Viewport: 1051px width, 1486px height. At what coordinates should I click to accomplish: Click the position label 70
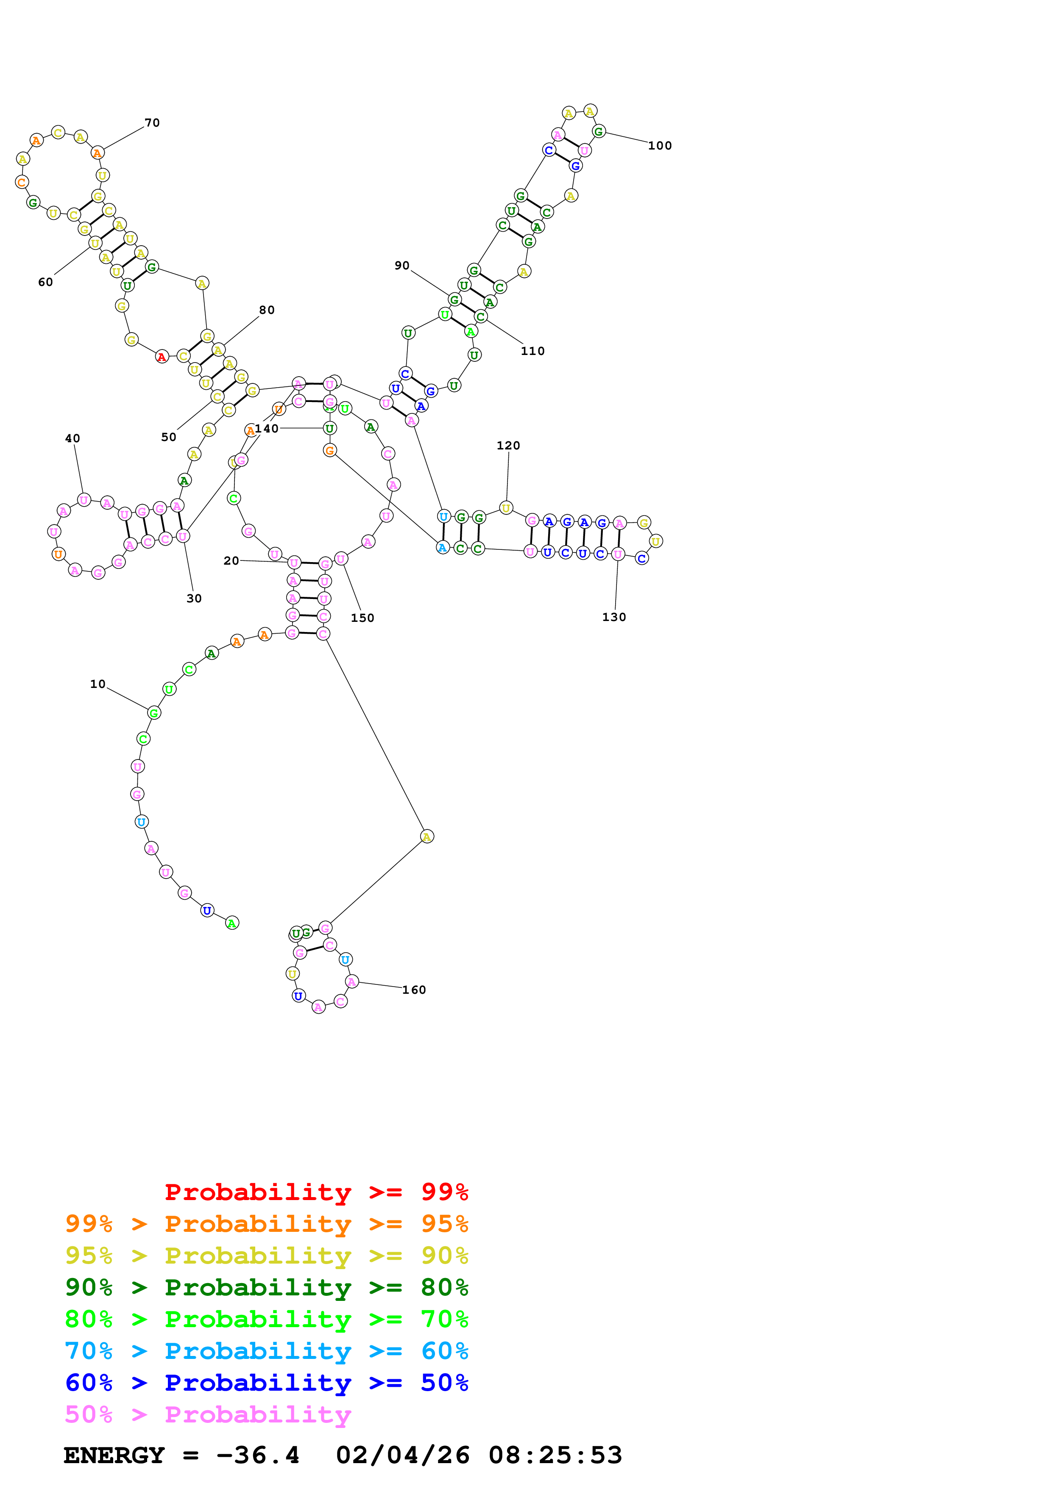pos(152,123)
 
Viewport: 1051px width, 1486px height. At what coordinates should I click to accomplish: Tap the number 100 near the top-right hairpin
pos(660,146)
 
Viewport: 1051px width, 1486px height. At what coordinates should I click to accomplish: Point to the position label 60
pos(45,282)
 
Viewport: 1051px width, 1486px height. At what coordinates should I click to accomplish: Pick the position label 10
pos(98,684)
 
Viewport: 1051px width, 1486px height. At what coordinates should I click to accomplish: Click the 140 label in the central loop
pos(267,428)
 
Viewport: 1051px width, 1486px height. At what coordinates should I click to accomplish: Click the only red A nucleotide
pos(162,357)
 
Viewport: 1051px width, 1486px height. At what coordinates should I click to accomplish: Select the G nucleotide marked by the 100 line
pos(599,131)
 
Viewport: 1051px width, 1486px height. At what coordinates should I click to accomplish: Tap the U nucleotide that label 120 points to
pos(506,508)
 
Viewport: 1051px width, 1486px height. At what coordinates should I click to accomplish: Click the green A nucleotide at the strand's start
pos(232,923)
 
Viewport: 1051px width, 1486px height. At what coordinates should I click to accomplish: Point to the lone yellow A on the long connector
pos(427,837)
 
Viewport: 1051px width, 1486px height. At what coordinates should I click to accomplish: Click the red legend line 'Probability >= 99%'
pos(316,1192)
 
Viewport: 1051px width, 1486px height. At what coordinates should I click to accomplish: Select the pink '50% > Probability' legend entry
pos(208,1415)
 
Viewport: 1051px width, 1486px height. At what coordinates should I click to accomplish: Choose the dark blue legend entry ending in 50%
pos(266,1383)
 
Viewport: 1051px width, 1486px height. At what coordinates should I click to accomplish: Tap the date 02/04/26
pos(402,1456)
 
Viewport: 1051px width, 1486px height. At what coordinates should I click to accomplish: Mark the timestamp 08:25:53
pos(555,1456)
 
